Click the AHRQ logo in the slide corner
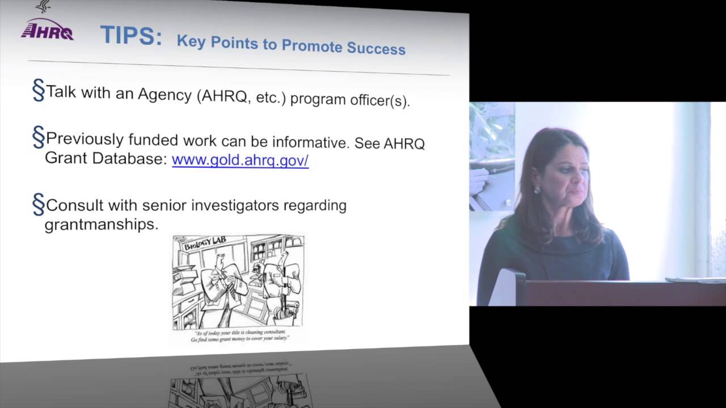[47, 29]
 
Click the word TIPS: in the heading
[130, 36]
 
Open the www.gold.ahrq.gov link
[240, 160]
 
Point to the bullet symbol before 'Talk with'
[38, 91]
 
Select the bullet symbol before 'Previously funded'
[38, 138]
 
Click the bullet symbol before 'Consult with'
[38, 205]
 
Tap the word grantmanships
[102, 224]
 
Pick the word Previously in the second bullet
[85, 139]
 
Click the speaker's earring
[537, 190]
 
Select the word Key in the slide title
[190, 41]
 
